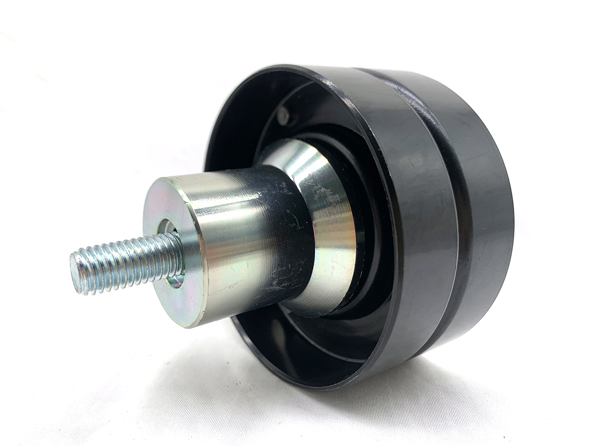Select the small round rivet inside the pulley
point(283,116)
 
